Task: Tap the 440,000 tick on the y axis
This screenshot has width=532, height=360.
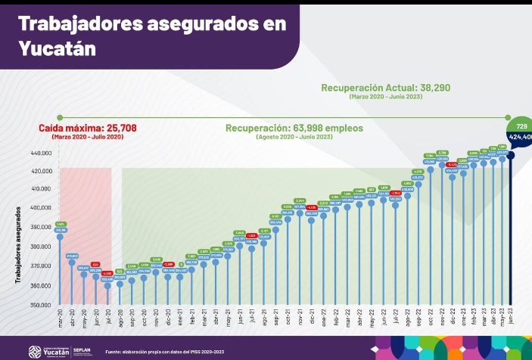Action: (40, 154)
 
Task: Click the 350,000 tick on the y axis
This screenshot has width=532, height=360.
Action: (40, 306)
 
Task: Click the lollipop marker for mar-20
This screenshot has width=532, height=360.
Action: (61, 237)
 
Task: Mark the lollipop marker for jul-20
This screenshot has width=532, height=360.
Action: (107, 285)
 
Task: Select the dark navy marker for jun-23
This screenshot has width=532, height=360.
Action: (512, 155)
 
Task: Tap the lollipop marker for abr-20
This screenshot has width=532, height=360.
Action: (72, 262)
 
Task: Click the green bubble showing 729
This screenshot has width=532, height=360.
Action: (521, 126)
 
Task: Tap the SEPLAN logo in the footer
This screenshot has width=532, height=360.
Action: (85, 350)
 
